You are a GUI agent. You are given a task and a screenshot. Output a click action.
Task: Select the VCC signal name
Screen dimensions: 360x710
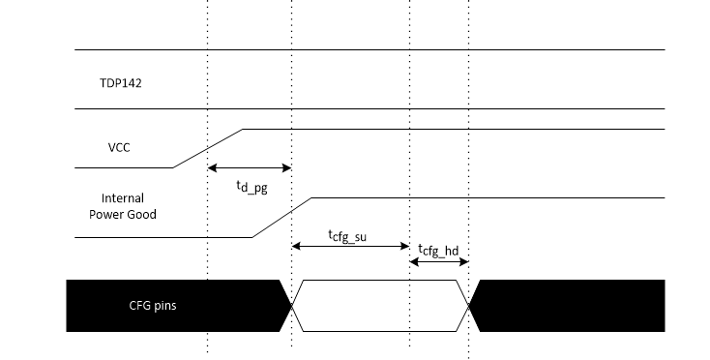(120, 149)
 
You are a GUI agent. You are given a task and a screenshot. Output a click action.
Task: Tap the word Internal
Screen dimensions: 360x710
(123, 198)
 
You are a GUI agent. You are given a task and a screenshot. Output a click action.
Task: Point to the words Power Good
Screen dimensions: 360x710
(123, 214)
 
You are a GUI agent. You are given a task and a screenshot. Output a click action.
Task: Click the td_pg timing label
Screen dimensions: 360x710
(251, 186)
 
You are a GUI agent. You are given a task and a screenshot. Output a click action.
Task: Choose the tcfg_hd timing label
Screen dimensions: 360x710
(439, 252)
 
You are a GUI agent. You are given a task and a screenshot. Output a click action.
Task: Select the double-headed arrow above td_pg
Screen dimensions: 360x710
(250, 167)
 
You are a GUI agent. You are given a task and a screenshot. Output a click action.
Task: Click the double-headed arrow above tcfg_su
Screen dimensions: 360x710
(350, 247)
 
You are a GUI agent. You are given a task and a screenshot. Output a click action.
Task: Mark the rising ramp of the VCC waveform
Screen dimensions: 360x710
(208, 148)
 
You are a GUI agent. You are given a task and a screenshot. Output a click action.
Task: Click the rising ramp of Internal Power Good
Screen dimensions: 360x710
(281, 218)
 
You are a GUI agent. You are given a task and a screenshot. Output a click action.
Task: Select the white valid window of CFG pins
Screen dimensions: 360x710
(380, 306)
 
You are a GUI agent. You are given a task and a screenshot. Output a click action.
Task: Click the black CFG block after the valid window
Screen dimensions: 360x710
(571, 306)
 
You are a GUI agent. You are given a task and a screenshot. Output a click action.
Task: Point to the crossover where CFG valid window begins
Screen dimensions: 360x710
(291, 306)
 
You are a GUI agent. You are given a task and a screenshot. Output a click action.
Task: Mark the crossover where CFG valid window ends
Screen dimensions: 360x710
(469, 306)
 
